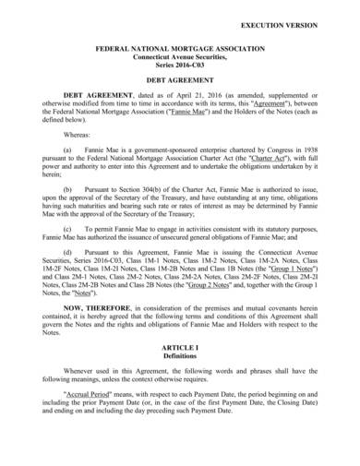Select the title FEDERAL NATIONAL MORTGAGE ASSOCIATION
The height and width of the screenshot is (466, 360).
(x=180, y=44)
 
